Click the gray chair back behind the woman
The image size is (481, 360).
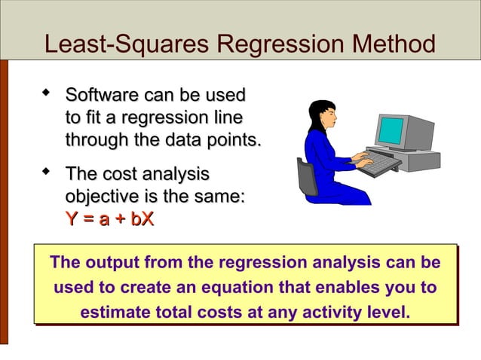[307, 176]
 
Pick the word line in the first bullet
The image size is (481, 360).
[227, 119]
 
